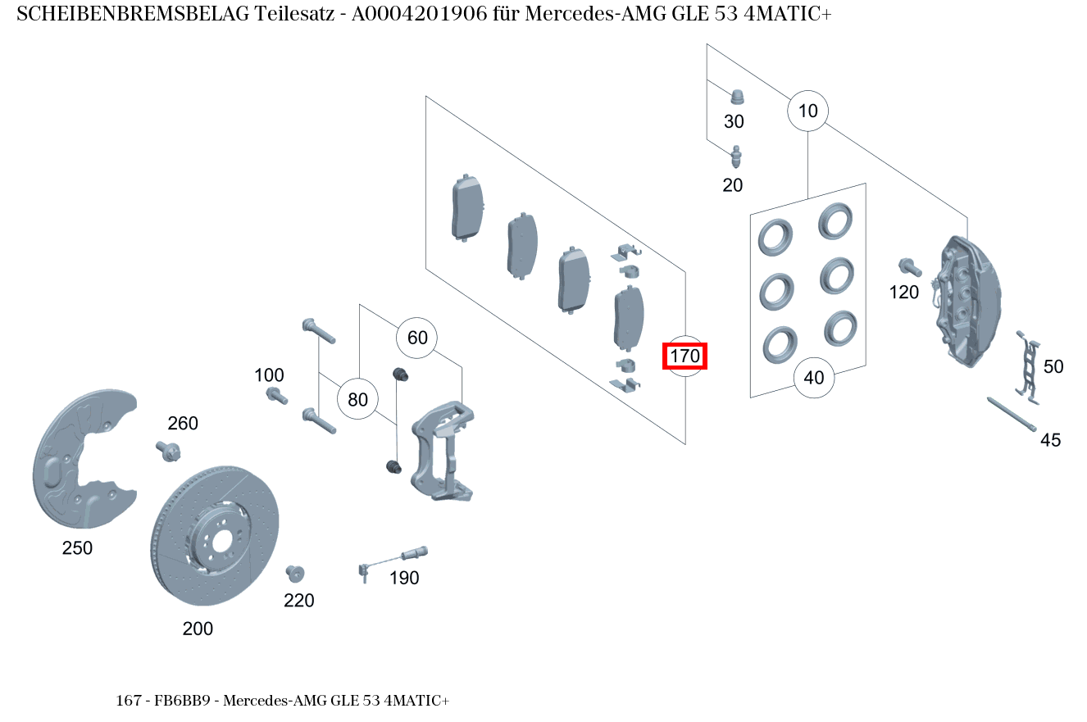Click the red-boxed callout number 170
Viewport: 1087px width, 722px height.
click(x=684, y=356)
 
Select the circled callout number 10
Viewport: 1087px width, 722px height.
click(x=807, y=111)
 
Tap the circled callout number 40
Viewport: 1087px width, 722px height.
click(x=814, y=378)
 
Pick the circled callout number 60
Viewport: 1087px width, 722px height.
click(x=416, y=338)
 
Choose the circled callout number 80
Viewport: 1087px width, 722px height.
click(x=357, y=399)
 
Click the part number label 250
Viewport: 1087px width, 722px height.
click(x=77, y=547)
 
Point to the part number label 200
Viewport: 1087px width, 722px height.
click(x=198, y=629)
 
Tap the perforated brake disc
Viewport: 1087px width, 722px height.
click(x=215, y=536)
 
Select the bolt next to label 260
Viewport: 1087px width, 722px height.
click(x=168, y=452)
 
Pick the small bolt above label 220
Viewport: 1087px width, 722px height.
click(x=294, y=574)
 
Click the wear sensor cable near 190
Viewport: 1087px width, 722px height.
click(x=393, y=563)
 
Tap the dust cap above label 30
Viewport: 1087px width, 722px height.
click(x=737, y=97)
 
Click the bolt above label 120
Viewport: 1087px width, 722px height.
click(x=909, y=267)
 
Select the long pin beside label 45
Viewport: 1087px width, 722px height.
click(x=1012, y=414)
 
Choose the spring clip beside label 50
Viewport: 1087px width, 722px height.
click(x=1028, y=367)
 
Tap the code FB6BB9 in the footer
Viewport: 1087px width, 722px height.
click(x=183, y=701)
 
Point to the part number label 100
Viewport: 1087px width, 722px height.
click(x=269, y=375)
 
